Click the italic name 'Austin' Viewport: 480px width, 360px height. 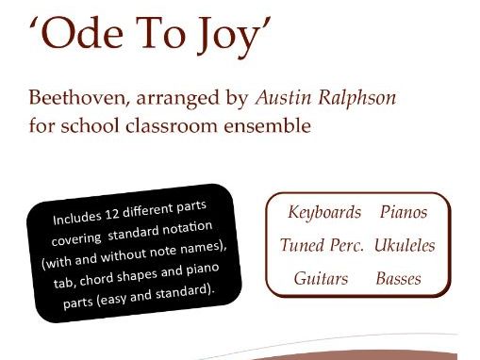coord(288,97)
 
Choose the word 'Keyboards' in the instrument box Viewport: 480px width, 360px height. coord(323,212)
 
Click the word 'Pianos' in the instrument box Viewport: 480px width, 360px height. coord(404,212)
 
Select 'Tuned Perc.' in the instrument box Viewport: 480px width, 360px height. coord(321,245)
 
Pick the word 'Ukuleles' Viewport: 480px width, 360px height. coord(404,245)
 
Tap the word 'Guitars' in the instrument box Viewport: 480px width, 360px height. coord(320,279)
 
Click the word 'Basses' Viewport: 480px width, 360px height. coord(399,279)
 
